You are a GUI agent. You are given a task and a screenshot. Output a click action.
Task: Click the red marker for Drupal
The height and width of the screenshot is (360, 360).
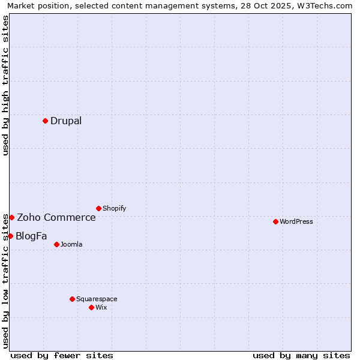coord(45,121)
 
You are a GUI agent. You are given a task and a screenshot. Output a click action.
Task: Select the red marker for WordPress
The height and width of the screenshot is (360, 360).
coord(275,221)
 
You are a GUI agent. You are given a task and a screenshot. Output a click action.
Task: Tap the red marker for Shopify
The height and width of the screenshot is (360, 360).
coord(98,208)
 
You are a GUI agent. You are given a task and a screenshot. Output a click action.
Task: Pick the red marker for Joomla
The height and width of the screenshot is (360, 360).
coord(56,244)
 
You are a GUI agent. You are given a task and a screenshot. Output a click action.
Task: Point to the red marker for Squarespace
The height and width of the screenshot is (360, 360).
coord(72,299)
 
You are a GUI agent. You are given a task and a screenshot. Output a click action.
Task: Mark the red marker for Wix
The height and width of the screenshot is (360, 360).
coord(91,307)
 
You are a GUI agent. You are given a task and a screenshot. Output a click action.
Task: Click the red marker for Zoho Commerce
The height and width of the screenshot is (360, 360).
coord(11,217)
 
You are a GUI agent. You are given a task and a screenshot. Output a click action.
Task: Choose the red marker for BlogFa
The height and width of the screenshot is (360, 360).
coord(10,236)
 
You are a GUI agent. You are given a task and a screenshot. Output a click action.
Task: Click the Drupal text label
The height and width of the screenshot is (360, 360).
coord(66,121)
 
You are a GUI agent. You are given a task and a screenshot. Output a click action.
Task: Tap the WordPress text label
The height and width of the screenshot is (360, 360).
coord(296,221)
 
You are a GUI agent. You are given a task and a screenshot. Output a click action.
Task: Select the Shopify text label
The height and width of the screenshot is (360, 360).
coord(115,208)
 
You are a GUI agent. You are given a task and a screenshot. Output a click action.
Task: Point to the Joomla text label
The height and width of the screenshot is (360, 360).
coord(71,244)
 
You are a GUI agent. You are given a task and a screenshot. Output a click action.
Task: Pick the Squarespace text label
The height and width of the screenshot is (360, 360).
coord(97,299)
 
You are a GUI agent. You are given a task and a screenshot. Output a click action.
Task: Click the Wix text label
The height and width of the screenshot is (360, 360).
coord(101,307)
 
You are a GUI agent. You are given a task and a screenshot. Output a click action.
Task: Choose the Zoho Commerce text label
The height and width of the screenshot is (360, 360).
coord(56,217)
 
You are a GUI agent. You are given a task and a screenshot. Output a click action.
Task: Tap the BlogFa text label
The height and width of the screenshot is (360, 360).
coord(31,236)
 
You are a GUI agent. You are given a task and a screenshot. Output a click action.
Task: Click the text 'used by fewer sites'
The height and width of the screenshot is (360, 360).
coord(62,355)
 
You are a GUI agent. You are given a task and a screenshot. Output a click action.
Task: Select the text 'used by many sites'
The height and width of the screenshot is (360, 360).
coord(301,355)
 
